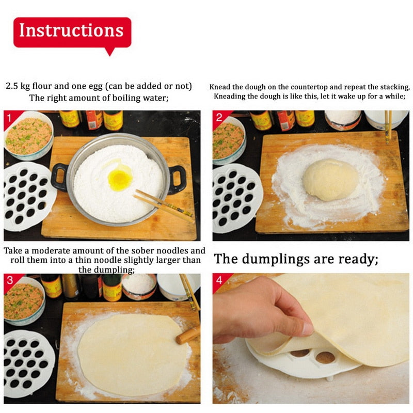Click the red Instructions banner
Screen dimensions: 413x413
tap(72, 32)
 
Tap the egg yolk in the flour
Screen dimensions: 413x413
tap(120, 179)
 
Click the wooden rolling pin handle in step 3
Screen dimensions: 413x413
tap(188, 335)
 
